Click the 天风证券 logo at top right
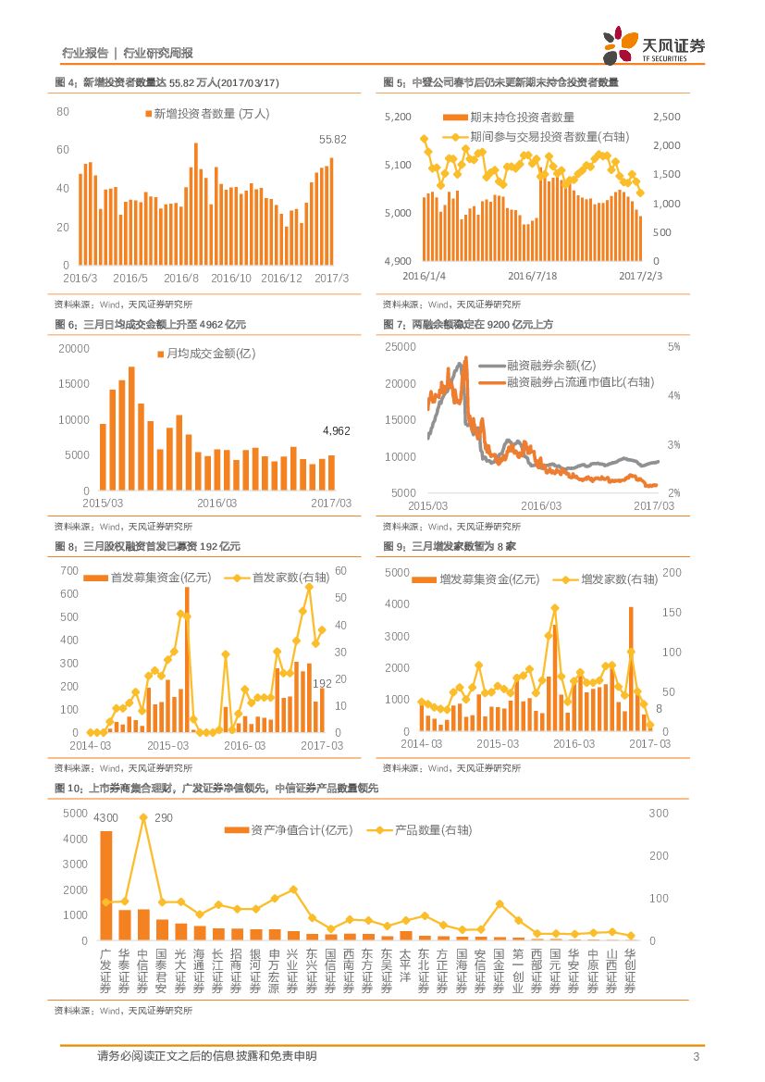click(654, 45)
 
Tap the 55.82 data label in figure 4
click(332, 139)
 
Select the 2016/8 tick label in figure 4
click(181, 279)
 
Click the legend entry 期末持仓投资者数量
click(509, 118)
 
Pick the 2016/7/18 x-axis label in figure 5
click(532, 276)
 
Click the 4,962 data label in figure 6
click(337, 431)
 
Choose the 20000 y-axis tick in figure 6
click(74, 348)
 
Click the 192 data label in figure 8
click(323, 684)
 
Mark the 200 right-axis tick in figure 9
click(672, 573)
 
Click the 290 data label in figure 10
click(163, 817)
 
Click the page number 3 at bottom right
click(695, 1057)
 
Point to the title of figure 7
click(468, 324)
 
